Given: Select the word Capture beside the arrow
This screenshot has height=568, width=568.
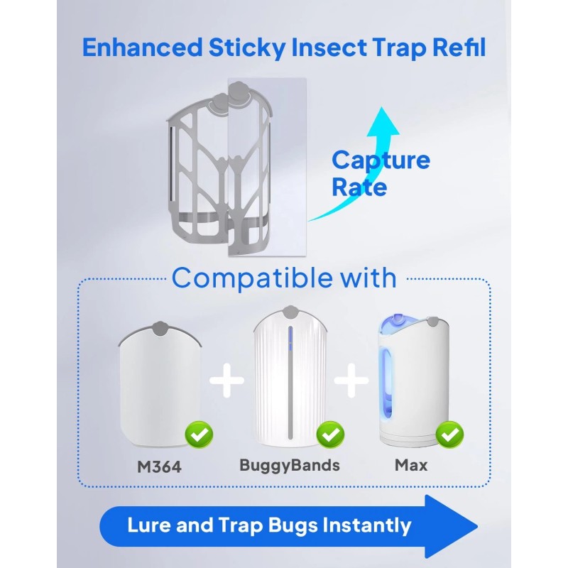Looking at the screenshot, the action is point(381,160).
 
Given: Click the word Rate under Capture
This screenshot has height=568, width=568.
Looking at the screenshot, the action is point(359,187).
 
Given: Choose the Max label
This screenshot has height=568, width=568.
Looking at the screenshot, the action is point(412,466).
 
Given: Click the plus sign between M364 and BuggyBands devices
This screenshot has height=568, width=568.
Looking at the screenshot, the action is point(226,381).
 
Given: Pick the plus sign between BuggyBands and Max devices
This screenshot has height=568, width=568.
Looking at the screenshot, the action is point(351,381).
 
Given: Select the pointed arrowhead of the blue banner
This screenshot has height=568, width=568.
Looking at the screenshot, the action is point(454,525).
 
